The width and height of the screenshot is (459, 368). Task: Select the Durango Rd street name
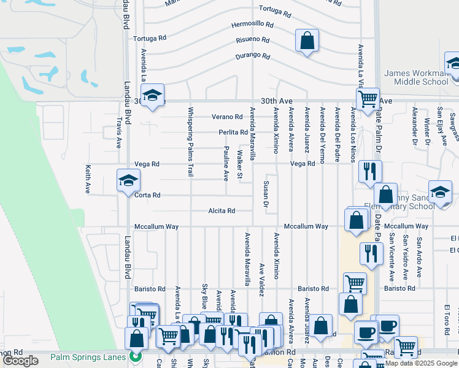[x=253, y=56]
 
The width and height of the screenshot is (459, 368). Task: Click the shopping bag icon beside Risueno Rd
[x=307, y=41]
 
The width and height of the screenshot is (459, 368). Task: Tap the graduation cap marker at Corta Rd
[x=128, y=181]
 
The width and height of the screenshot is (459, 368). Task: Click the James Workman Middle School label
[x=416, y=77]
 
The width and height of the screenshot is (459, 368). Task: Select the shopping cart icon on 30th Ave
[x=368, y=99]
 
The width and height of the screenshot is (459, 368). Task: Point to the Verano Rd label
[x=227, y=117]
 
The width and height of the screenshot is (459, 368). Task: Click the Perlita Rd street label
[x=233, y=132]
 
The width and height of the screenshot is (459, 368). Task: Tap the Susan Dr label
[x=266, y=193]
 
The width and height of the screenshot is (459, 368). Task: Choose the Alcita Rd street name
[x=222, y=211]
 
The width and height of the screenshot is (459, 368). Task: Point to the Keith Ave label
[x=88, y=179]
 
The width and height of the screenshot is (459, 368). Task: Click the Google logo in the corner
[x=20, y=361]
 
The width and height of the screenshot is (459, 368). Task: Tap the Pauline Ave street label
[x=226, y=164]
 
